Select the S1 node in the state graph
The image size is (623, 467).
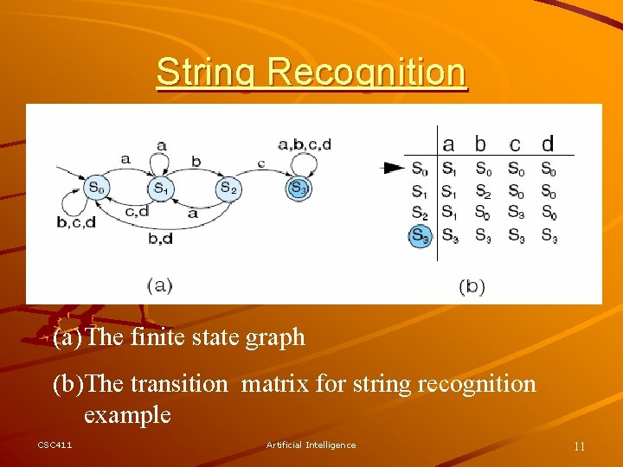tap(160, 187)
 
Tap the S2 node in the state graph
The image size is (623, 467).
tap(227, 187)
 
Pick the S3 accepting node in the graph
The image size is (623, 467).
tap(299, 187)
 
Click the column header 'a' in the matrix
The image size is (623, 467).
tap(448, 144)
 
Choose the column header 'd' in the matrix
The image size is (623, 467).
tap(548, 144)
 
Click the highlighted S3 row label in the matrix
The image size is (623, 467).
tap(420, 234)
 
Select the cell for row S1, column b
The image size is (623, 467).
tap(483, 191)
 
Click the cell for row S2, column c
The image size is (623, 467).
tap(516, 213)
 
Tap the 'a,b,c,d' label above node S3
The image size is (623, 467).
tap(304, 144)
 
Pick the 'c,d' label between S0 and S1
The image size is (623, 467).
tap(138, 210)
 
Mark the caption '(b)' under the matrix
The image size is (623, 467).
tap(472, 285)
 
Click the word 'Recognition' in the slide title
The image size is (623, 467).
tap(367, 73)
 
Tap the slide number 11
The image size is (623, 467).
tap(579, 446)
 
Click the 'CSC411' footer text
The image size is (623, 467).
tap(55, 445)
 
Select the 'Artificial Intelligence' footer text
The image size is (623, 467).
tap(311, 445)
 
